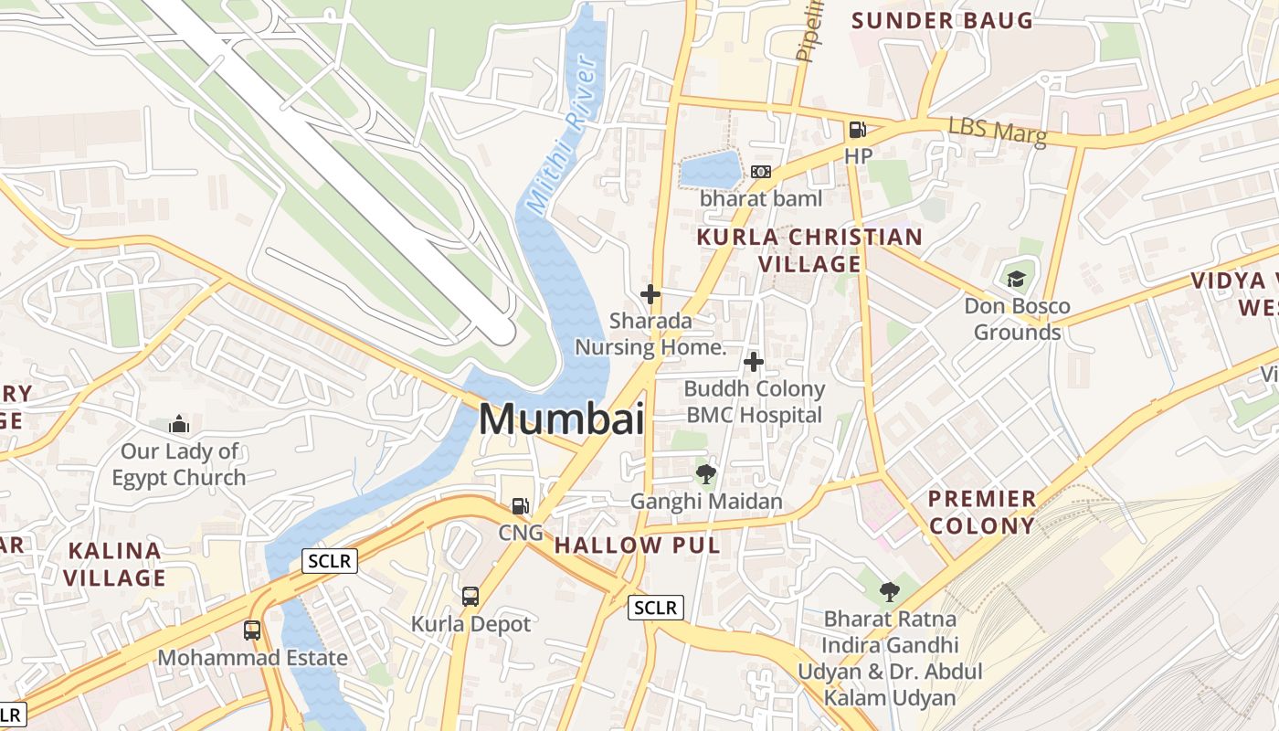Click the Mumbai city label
[x=561, y=419]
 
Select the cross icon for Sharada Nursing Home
[x=650, y=294]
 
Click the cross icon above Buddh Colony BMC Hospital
[x=754, y=362]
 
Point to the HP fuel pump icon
[x=857, y=130]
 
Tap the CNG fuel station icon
[x=520, y=505]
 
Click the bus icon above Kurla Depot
[x=470, y=597]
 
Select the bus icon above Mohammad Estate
[x=251, y=630]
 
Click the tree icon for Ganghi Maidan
[x=705, y=474]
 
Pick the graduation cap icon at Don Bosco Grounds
[x=1016, y=279]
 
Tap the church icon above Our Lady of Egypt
[x=179, y=424]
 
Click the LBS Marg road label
[x=997, y=131]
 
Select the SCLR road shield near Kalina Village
[x=330, y=561]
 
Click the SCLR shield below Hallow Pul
[x=656, y=607]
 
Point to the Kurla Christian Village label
[x=809, y=250]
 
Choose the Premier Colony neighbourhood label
[x=982, y=512]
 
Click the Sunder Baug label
[x=942, y=20]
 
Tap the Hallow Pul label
[x=637, y=546]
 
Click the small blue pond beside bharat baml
[x=710, y=170]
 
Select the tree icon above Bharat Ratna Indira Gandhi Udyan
[x=889, y=591]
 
